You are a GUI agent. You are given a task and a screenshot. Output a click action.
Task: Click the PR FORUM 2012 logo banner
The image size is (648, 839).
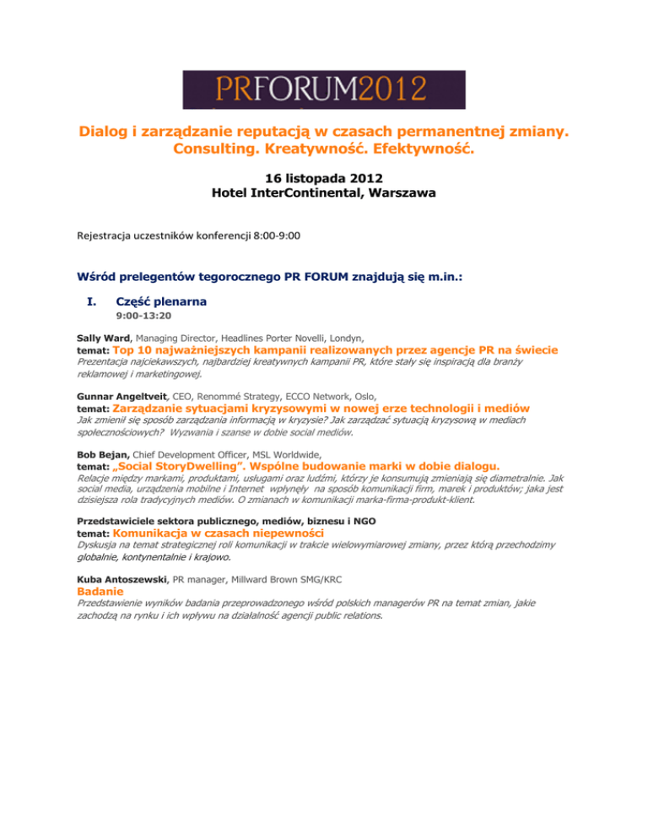[x=324, y=89]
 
